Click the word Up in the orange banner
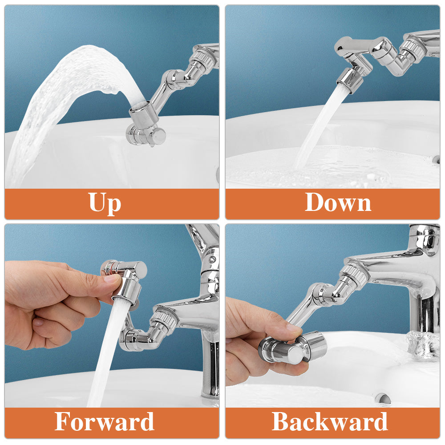105,203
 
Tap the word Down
338,203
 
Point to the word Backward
330,421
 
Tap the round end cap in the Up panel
159,136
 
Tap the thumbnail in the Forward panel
111,279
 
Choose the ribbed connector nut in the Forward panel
165,320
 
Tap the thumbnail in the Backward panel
294,329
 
